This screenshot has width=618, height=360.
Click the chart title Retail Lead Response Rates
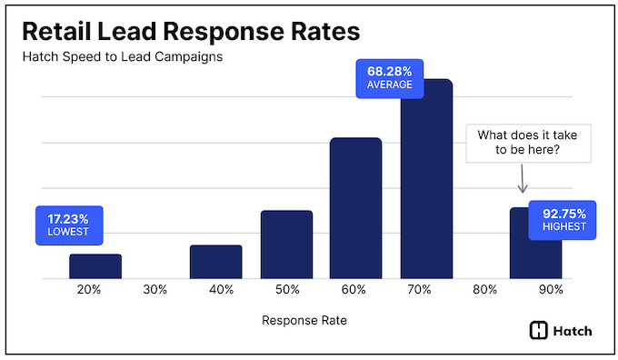tap(190, 31)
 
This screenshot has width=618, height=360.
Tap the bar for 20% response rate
tap(95, 265)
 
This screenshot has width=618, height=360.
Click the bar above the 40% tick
tap(216, 261)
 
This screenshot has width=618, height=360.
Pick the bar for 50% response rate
tap(286, 244)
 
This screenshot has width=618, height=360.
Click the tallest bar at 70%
tap(426, 178)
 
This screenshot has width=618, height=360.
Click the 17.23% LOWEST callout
tap(69, 225)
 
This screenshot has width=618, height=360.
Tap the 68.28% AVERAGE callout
tap(390, 77)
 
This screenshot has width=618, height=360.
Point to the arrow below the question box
tap(523, 179)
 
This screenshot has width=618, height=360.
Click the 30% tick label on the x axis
tap(155, 290)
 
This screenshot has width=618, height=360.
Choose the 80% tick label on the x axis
tap(484, 290)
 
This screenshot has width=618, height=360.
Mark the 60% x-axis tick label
tap(354, 290)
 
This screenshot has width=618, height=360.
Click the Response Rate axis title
tap(304, 320)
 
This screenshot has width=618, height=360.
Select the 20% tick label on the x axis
tap(90, 290)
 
